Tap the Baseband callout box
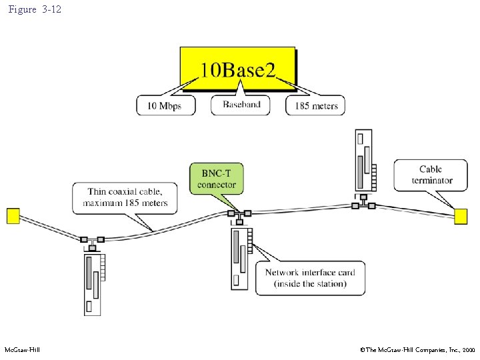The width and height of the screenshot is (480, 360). click(x=241, y=105)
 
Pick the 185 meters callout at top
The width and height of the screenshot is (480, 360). click(x=316, y=105)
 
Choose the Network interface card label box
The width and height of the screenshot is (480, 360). click(x=310, y=277)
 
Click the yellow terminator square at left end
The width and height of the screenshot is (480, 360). click(x=13, y=216)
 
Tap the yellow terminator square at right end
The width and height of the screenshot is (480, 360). click(x=461, y=216)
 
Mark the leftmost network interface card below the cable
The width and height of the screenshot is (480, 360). click(x=93, y=283)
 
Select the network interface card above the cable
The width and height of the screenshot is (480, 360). click(x=364, y=160)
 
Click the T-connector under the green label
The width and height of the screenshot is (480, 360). click(x=239, y=214)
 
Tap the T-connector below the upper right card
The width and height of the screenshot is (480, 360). click(x=363, y=205)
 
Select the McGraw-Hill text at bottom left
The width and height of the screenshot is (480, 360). click(x=22, y=350)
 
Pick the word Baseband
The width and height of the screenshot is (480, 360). click(x=241, y=105)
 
